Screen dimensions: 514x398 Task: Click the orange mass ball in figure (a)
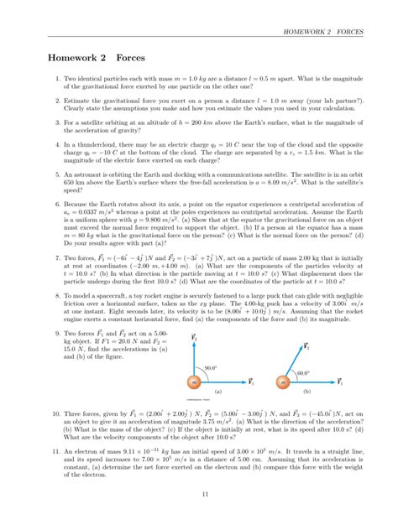[194, 359]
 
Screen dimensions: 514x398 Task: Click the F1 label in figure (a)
[251, 359]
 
